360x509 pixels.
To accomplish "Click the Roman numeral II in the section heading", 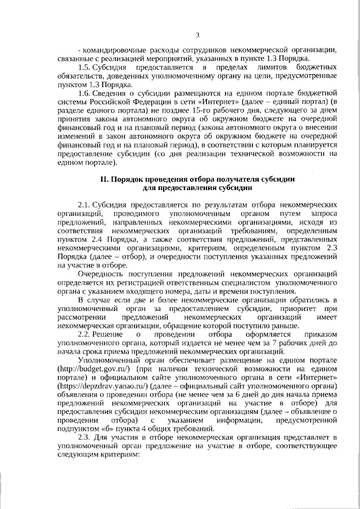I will click(x=104, y=179).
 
